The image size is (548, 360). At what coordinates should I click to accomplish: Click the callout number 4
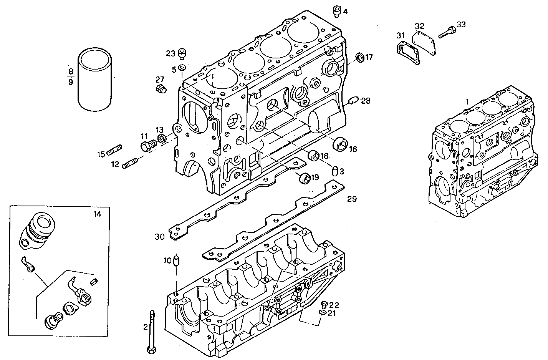coord(345,12)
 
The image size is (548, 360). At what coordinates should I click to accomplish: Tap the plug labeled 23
coord(182,54)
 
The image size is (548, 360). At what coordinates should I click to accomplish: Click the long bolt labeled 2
coord(152,330)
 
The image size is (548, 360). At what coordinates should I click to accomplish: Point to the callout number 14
coord(97,214)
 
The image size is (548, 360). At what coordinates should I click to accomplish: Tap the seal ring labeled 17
coord(360,58)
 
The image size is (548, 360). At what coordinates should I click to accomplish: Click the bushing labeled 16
coord(341,144)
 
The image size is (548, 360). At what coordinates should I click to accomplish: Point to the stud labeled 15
coord(114,150)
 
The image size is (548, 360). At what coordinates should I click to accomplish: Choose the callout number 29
coord(352,199)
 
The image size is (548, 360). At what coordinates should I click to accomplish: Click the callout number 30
coord(160,237)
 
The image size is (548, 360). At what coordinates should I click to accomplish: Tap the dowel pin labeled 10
coord(176,260)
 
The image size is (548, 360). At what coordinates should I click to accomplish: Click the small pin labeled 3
coord(335,171)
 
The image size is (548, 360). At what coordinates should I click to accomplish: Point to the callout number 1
coord(467,101)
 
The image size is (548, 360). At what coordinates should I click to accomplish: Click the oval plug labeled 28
coord(353,101)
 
